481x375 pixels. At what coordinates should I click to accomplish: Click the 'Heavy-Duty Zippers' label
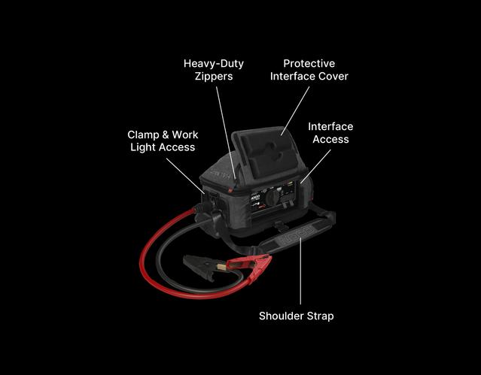[x=213, y=69]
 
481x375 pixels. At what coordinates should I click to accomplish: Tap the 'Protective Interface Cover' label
[x=309, y=69]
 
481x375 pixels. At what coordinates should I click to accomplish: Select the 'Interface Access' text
[x=330, y=133]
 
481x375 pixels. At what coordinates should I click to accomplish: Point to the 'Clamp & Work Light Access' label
[x=163, y=141]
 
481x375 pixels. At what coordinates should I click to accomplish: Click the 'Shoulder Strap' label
[x=296, y=316]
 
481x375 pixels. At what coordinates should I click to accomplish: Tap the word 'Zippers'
[x=213, y=76]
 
